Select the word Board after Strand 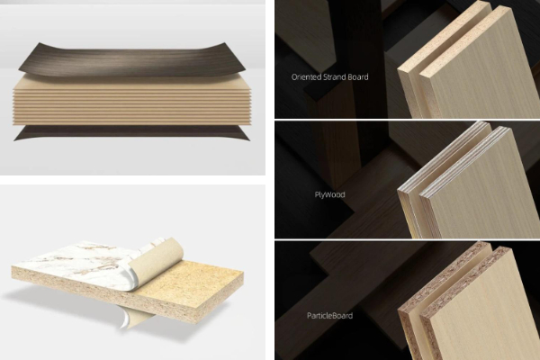(x=357, y=76)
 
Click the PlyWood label (x=329, y=194)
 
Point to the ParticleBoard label (x=329, y=316)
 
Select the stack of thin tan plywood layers (x=132, y=102)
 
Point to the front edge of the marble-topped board (x=103, y=292)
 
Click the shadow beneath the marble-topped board (x=69, y=303)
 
